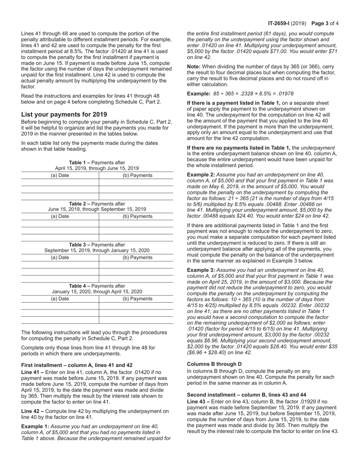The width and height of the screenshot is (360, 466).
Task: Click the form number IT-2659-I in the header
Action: [282, 23]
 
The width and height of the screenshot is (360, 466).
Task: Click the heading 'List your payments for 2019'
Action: [64, 114]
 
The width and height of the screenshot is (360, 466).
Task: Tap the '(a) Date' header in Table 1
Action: [60, 175]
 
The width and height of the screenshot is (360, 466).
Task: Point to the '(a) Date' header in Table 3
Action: [60, 258]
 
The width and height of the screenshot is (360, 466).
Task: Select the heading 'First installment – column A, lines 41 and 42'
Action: [77, 365]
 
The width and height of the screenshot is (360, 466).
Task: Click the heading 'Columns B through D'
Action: [214, 364]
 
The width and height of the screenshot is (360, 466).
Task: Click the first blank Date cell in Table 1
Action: [60, 183]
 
